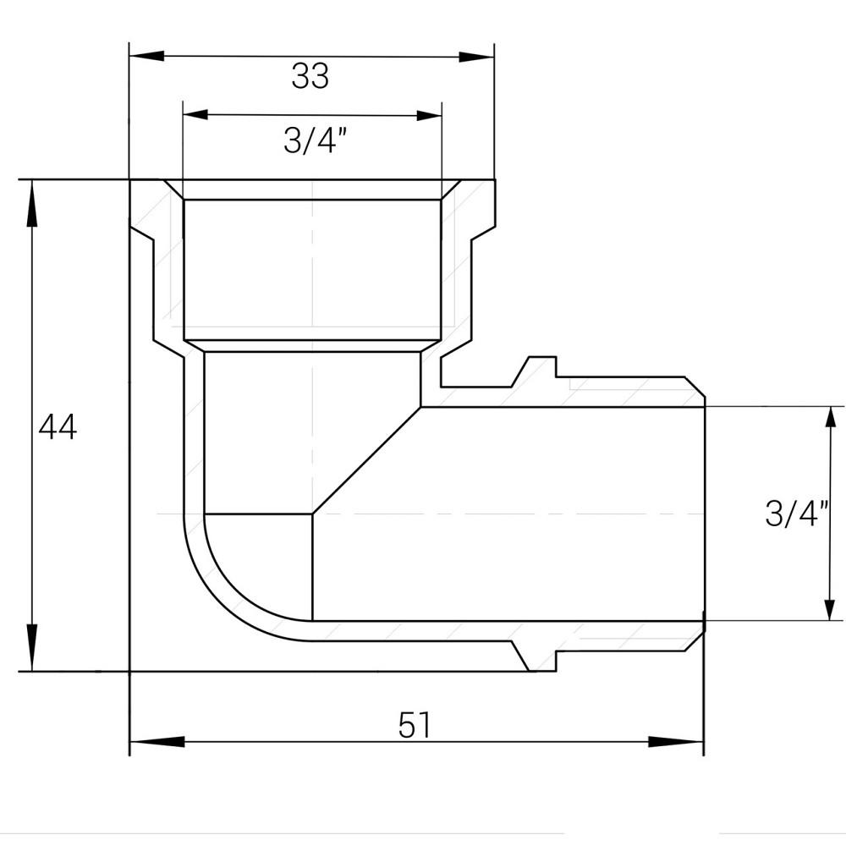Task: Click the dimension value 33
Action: (310, 77)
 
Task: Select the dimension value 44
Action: (58, 427)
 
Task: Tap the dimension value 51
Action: (415, 726)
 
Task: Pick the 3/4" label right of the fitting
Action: (796, 514)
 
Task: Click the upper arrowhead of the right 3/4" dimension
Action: (827, 424)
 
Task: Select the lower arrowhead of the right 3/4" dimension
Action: (827, 603)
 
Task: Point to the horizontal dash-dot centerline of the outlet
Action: (508, 514)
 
